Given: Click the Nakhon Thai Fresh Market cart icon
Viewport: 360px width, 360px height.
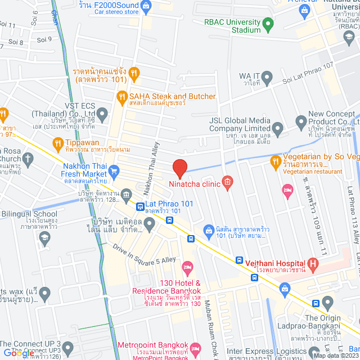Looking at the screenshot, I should pos(114,170).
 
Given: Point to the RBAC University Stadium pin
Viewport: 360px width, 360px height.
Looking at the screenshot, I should pos(268,24).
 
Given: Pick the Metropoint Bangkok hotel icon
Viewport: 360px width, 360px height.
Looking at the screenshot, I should pos(195,346).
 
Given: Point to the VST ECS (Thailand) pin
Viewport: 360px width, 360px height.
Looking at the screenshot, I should pos(102,115).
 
